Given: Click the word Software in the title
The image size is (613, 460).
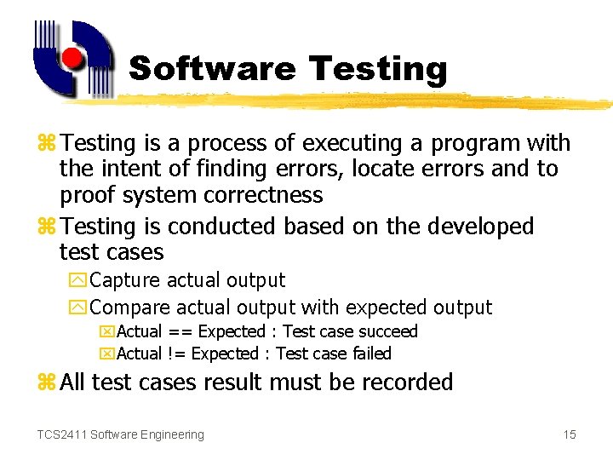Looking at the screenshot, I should point(213,69).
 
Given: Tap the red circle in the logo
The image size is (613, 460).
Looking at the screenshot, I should point(73,58).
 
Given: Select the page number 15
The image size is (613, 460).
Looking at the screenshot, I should point(569,434).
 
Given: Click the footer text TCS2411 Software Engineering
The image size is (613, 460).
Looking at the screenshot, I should point(120,434).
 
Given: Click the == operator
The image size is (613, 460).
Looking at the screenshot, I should point(179,331).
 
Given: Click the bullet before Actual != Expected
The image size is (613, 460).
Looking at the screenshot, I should point(107,354).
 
